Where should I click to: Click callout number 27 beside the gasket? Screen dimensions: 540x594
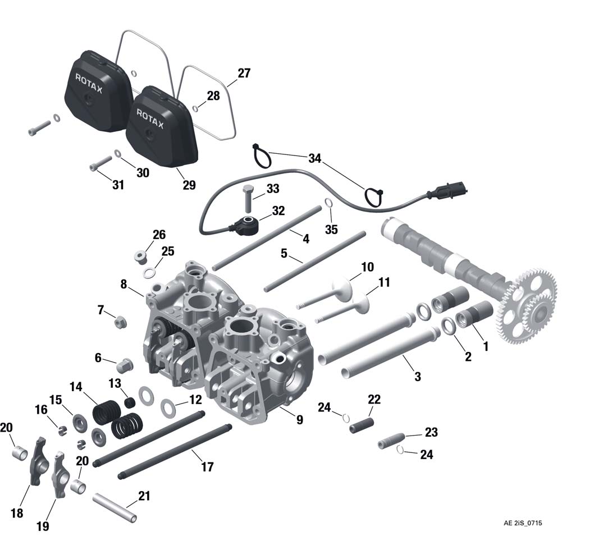(244, 74)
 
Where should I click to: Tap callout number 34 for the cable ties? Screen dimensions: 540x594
(314, 159)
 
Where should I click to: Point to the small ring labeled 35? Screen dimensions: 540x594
(329, 203)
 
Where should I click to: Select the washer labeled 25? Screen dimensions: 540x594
(149, 273)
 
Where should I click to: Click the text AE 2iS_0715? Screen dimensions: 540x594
(522, 523)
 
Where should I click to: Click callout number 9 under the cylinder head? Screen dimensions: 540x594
(299, 419)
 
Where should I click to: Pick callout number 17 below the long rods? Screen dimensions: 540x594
(207, 466)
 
